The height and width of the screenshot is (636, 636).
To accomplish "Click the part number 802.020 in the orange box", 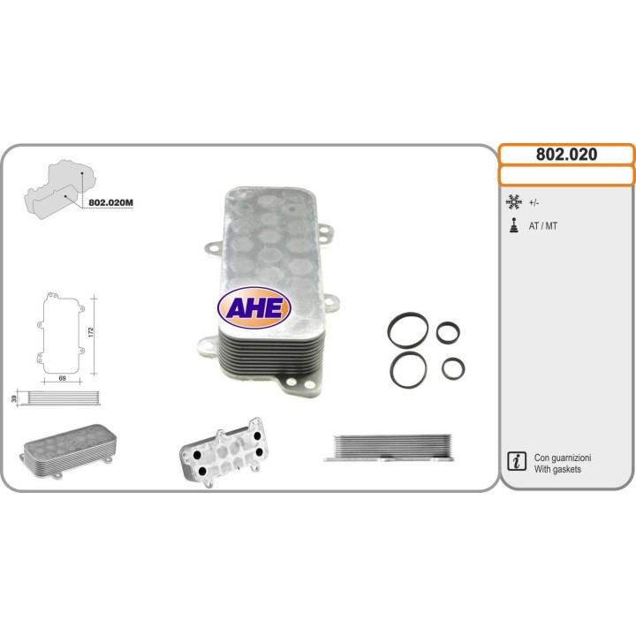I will pos(566,155).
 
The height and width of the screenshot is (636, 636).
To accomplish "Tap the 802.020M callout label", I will pos(111,202).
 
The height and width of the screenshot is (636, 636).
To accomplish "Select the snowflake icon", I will pos(513,202).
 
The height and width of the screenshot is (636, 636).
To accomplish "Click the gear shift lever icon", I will pos(513,225).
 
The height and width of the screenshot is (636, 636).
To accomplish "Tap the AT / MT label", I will pos(543,226).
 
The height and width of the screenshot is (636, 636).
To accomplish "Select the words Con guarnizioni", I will pos(563,458).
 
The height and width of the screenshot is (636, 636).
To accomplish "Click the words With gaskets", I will pos(558,470).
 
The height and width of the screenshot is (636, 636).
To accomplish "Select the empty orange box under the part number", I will pos(566,176).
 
